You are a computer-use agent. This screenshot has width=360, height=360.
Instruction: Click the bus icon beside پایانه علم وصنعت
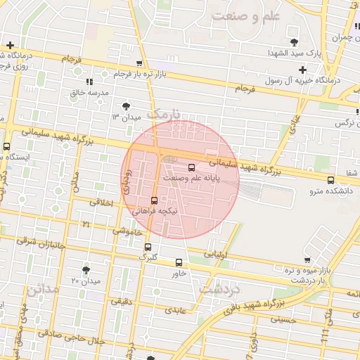pos(192,167)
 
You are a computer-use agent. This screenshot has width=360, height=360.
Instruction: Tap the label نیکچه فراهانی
pos(157,211)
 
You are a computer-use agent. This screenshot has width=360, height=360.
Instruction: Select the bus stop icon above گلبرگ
pos(148,247)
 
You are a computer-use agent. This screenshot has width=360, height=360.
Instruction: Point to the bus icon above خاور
pos(179,263)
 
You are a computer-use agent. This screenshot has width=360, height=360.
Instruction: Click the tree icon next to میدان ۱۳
pos(125,105)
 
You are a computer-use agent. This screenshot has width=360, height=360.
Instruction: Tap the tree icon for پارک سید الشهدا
pos(295,41)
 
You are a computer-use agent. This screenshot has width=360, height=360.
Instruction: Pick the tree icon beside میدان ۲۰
pos(86,270)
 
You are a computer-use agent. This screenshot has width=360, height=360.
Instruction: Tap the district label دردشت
pos(220,289)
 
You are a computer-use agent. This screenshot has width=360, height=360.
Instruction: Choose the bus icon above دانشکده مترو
pos(330,181)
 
